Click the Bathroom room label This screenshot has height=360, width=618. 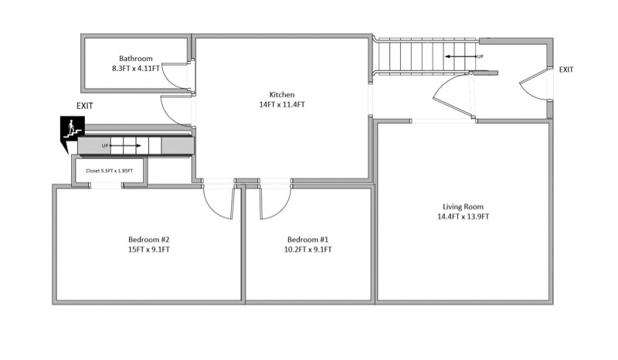tap(135, 58)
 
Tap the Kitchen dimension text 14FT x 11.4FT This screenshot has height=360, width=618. tap(282, 104)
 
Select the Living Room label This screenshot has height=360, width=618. tap(463, 206)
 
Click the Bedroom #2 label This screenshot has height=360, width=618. tap(148, 239)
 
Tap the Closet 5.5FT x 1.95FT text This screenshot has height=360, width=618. tap(109, 171)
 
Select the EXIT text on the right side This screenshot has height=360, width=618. tap(566, 70)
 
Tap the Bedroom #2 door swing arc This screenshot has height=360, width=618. tap(218, 203)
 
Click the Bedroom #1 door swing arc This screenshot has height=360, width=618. tap(275, 203)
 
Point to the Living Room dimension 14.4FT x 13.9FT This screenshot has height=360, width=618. tap(463, 217)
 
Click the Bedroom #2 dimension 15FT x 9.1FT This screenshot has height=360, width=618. tap(148, 250)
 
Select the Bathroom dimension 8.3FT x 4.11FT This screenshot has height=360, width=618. tap(135, 69)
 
